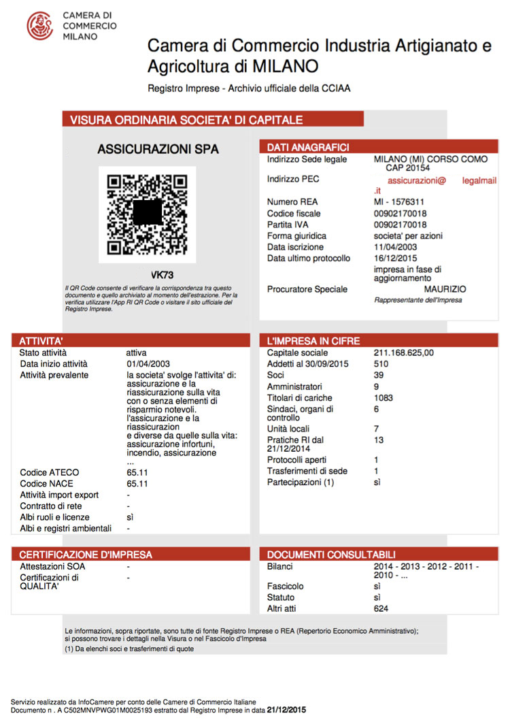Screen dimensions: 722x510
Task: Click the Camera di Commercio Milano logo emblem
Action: point(39,26)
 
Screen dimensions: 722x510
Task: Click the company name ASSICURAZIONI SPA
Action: point(158,149)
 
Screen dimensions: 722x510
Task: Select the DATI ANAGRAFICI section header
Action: point(308,147)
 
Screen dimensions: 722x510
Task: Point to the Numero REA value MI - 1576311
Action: point(399,202)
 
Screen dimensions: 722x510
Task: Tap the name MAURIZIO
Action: point(445,289)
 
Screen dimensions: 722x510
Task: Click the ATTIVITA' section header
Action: point(41,340)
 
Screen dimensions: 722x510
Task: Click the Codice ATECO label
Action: point(50,472)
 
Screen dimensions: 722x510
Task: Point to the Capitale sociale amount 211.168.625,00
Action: point(404,352)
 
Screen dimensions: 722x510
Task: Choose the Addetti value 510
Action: point(381,364)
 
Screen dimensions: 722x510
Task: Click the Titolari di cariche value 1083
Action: point(384,397)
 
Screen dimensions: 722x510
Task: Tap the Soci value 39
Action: point(379,375)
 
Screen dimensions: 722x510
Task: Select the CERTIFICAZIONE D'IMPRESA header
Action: point(86,554)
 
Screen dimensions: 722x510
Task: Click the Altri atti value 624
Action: point(381,608)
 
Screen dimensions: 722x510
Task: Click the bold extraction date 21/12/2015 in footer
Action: point(287,710)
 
